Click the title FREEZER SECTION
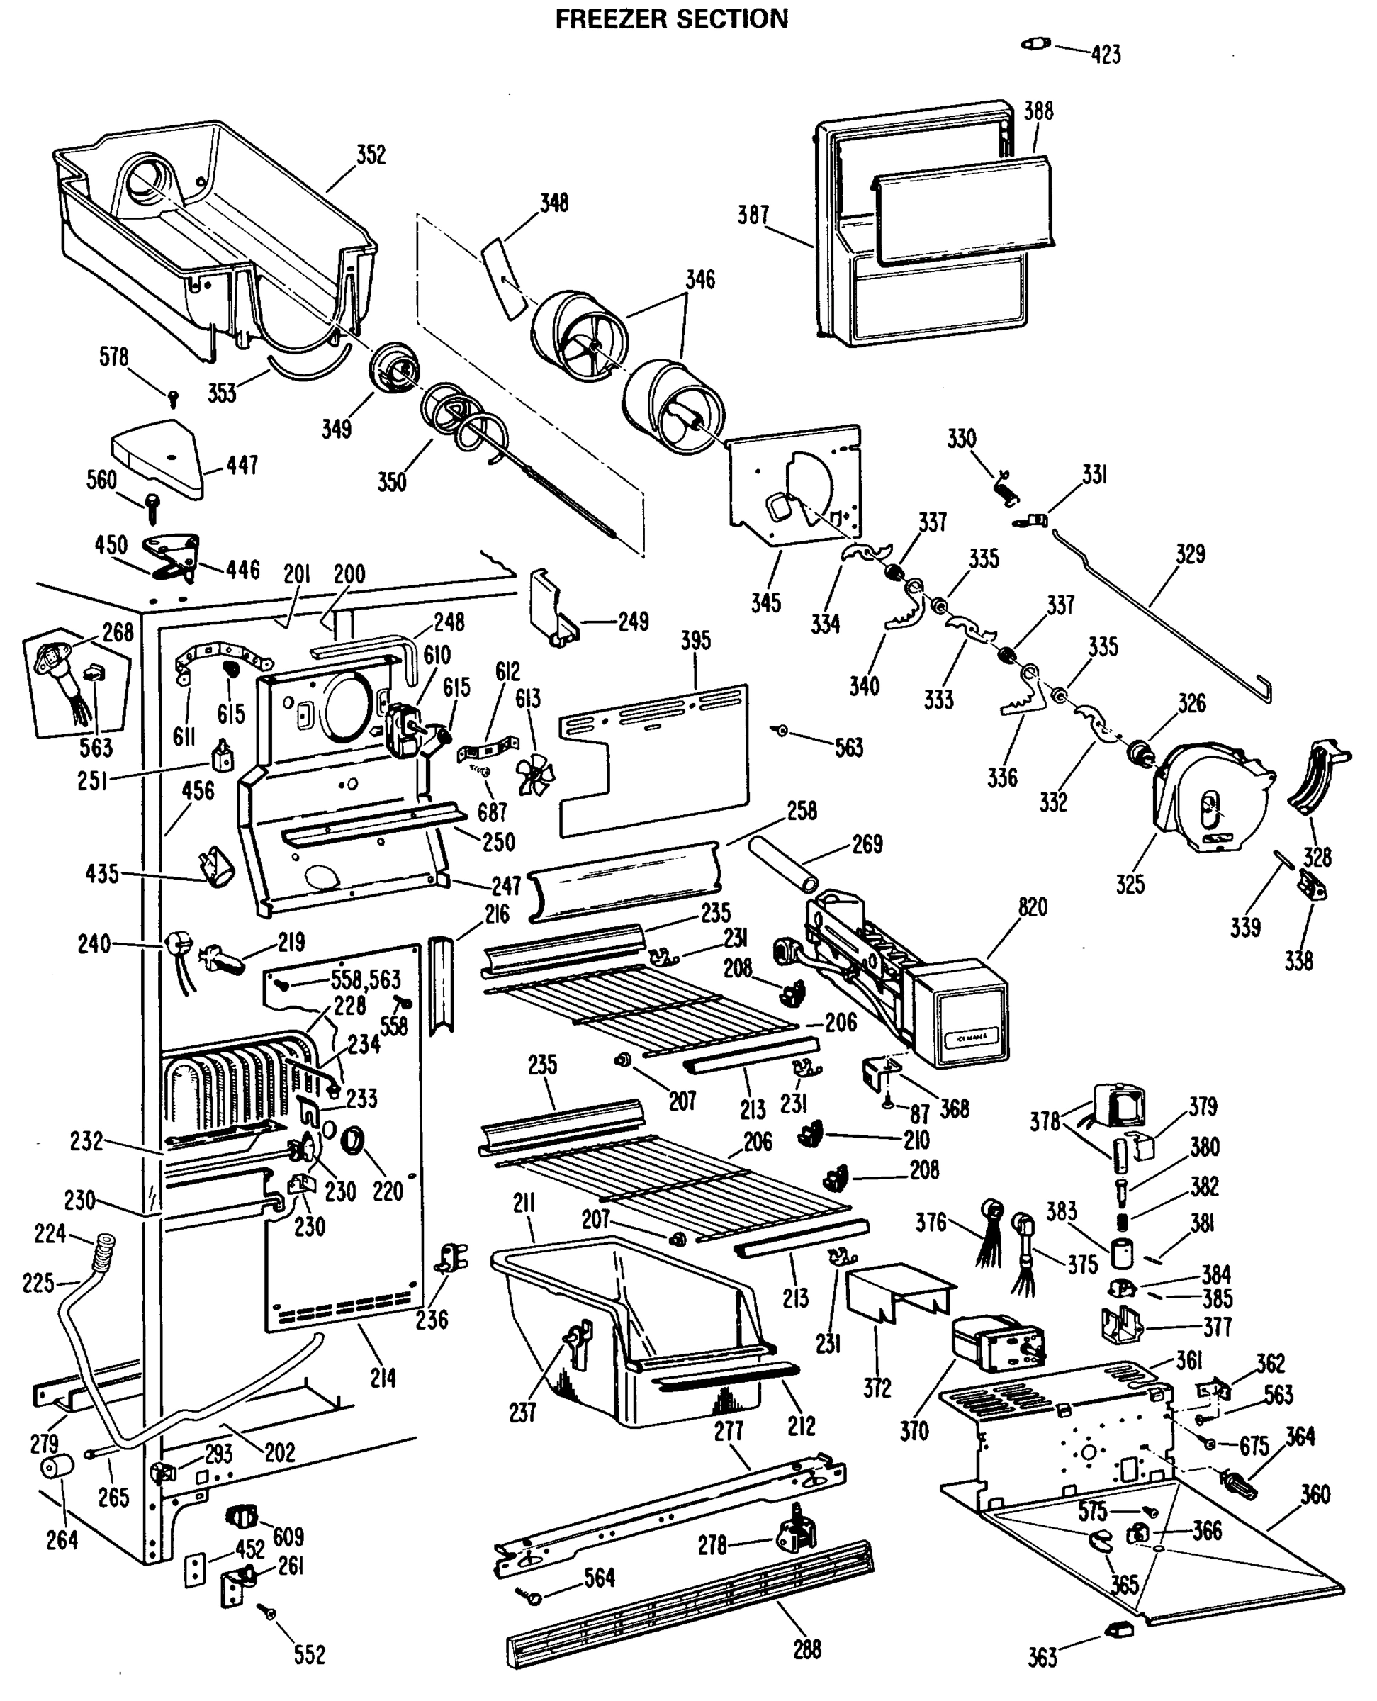[671, 18]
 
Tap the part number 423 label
[1106, 55]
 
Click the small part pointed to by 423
[1035, 44]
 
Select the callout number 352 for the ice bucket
[371, 155]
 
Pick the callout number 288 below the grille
[806, 1649]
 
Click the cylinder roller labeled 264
[56, 1467]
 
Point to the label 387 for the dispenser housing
[753, 215]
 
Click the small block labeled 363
[1118, 1629]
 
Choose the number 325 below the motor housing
[1130, 884]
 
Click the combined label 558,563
[365, 979]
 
